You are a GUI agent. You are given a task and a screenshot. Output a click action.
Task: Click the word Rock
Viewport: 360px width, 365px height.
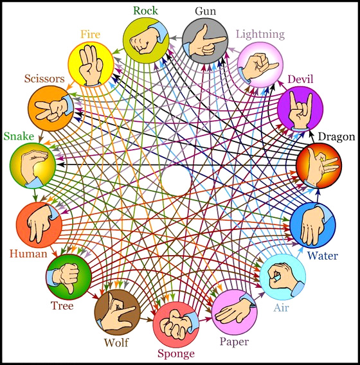145,11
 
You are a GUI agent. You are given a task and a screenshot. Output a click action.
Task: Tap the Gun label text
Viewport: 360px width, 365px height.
205,11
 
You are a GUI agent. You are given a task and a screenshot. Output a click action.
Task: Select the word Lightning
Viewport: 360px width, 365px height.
260,35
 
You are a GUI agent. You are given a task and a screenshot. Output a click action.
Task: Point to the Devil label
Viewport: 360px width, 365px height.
300,79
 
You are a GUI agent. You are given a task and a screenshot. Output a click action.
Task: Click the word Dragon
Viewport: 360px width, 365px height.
336,137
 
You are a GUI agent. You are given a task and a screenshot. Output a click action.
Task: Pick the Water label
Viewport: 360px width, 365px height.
323,256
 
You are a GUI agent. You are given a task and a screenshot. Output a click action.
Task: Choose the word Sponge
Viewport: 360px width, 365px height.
176,354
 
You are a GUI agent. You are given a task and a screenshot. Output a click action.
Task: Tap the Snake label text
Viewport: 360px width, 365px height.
19,136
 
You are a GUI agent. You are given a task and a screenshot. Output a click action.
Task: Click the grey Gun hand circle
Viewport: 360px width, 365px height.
205,40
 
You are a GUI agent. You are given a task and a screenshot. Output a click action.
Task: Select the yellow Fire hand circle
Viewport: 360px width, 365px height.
91,65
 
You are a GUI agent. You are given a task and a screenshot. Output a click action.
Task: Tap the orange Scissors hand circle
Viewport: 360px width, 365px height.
51,109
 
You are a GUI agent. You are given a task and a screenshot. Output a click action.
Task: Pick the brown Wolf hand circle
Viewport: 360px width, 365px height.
118,312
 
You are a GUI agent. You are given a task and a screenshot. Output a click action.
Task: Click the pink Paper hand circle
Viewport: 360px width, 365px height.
235,312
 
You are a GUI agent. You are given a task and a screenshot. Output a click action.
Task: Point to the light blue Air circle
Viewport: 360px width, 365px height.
282,277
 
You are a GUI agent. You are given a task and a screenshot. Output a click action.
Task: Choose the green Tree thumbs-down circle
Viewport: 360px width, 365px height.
69,277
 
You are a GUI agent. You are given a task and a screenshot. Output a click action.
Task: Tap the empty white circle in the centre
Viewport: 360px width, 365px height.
176,181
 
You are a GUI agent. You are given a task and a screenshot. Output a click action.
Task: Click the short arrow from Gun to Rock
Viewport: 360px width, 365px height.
175,38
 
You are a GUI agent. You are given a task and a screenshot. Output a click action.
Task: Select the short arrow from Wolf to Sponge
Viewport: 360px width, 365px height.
147,320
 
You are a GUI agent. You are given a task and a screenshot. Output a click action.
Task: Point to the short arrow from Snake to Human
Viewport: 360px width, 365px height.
35,195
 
